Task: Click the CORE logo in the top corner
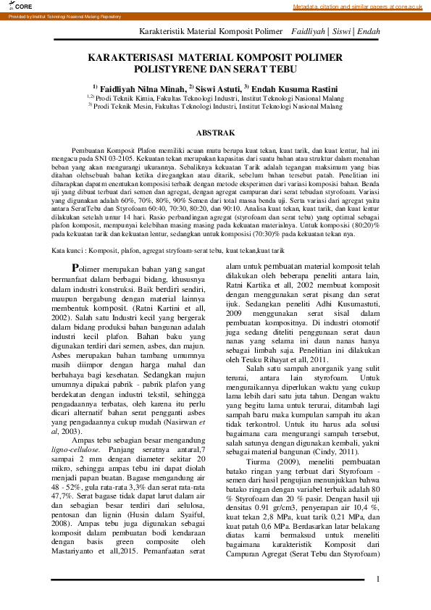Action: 13,6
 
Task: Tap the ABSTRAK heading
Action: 215,133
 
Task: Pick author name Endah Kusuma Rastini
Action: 296,88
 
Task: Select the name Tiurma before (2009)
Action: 260,460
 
